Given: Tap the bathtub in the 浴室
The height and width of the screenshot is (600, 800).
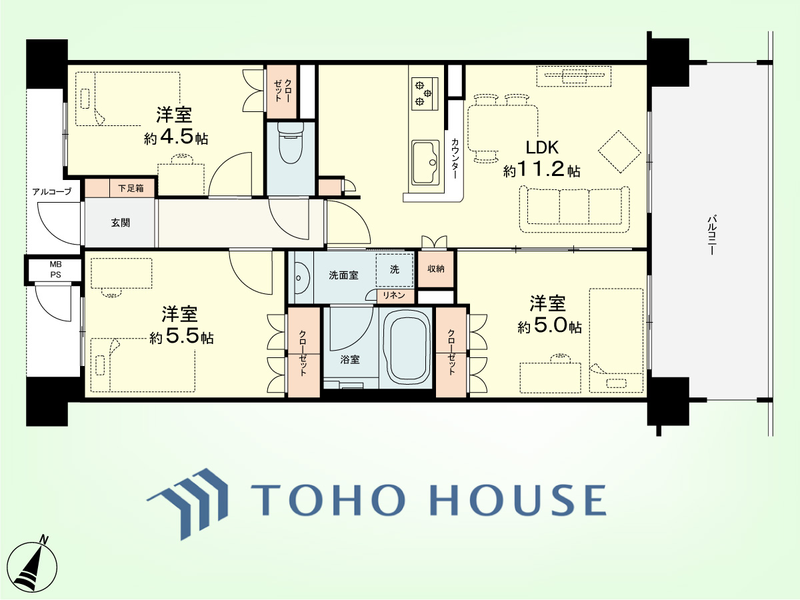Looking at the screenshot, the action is [405, 348].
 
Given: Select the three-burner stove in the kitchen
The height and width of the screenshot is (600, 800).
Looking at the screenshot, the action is [425, 93].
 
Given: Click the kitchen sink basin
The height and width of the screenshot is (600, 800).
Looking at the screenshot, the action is [425, 163].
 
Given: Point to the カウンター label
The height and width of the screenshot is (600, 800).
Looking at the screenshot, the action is [455, 158].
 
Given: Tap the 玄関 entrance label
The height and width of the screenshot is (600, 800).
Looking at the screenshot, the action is [121, 223].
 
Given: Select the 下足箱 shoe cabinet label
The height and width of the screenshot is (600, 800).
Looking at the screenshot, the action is [131, 188].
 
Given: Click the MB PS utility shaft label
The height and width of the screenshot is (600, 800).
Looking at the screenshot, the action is [56, 269].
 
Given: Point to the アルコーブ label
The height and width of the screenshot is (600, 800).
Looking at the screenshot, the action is [52, 191].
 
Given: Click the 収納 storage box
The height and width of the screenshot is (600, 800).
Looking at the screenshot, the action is [436, 269].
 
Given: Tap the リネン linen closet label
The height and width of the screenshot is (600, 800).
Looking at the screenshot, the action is [394, 295].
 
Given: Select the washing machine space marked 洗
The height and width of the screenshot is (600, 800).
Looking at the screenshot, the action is [395, 270].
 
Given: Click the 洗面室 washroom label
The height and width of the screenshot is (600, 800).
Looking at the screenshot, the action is [343, 275].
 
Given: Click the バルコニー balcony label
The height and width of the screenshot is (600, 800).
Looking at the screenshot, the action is [711, 235].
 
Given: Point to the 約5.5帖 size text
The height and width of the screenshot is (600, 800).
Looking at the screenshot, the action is [181, 337].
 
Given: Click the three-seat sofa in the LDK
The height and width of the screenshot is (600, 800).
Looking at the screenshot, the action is [575, 209].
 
